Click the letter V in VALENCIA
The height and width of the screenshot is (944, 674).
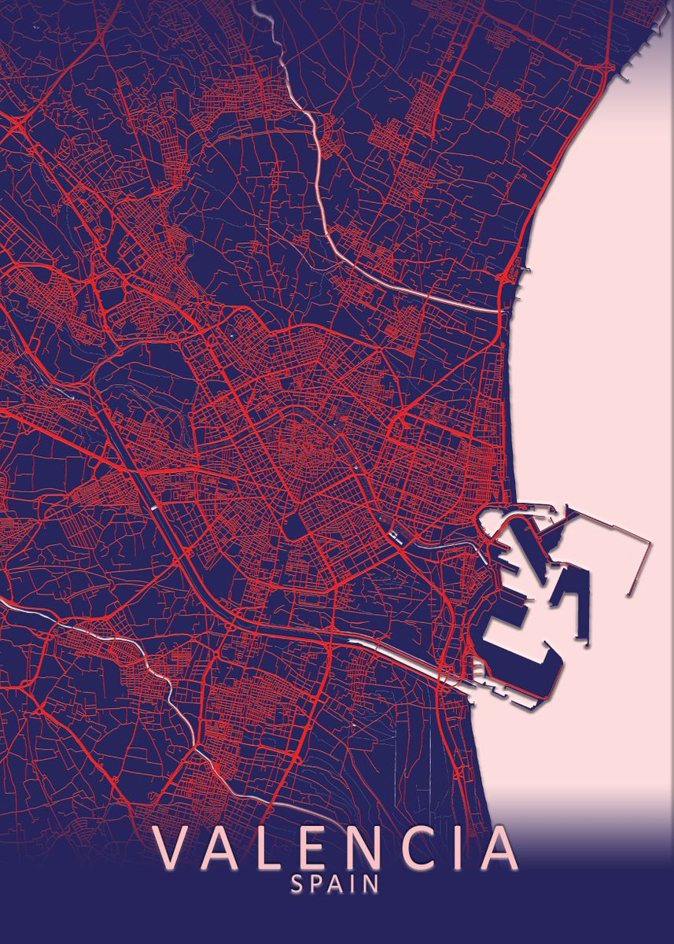[175, 847]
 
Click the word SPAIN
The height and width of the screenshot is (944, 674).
[335, 884]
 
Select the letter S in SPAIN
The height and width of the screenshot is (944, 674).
[296, 884]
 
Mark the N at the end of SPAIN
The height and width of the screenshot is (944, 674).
[371, 884]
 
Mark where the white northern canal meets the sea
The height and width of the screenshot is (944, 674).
[501, 312]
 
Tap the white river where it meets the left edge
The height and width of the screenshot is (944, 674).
[2, 599]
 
